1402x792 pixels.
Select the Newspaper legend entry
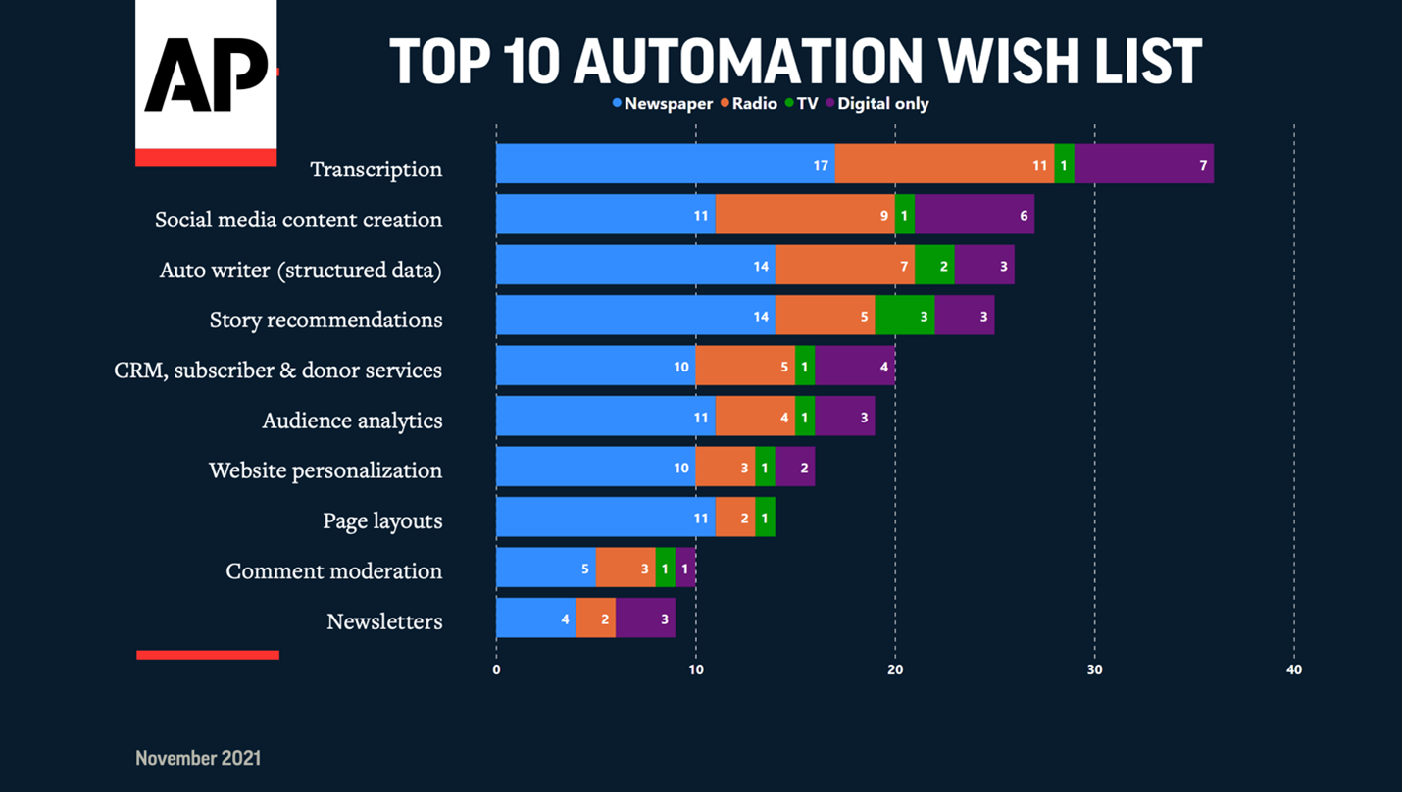click(663, 103)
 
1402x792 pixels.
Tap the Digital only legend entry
click(876, 103)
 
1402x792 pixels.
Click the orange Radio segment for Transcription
click(944, 164)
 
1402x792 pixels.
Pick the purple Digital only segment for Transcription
click(1143, 164)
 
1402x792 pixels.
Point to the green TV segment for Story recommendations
click(904, 316)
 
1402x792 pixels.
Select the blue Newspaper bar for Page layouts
click(605, 517)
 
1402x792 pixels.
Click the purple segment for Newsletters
click(645, 618)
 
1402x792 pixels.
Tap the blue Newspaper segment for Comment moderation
click(545, 568)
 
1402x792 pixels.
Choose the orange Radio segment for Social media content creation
click(804, 214)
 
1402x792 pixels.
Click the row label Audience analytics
click(352, 421)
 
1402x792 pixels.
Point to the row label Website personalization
click(325, 470)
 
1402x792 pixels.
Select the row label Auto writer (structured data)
click(300, 270)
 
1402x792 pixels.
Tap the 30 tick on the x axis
click(1094, 670)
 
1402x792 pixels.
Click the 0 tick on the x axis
click(496, 670)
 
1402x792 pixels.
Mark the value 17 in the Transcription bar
click(821, 166)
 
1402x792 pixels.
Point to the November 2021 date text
click(198, 758)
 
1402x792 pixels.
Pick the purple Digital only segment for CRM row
click(854, 366)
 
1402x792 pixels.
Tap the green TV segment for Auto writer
click(933, 265)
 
